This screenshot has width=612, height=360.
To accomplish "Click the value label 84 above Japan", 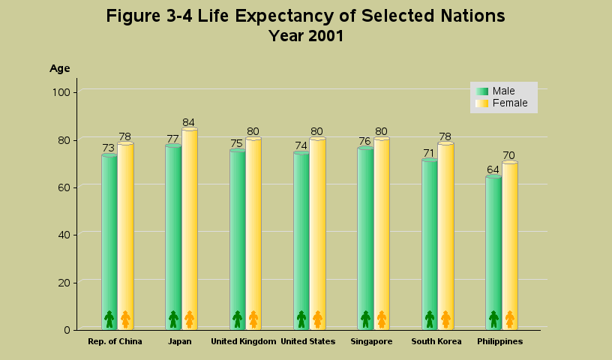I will click(x=188, y=122).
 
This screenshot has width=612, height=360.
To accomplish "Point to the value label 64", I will click(x=493, y=169).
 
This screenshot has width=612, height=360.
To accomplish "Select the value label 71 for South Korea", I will click(x=429, y=153).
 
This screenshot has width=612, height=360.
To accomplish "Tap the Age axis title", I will click(x=60, y=68).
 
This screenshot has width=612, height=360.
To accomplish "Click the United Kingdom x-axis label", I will click(x=244, y=342).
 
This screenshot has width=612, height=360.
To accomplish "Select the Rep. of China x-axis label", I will click(x=115, y=342).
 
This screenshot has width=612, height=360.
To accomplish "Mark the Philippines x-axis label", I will click(x=499, y=342).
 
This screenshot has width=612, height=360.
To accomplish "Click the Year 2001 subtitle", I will click(x=306, y=36).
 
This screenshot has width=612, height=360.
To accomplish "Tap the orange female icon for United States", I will click(x=317, y=319).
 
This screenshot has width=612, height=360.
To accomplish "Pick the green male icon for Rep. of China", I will click(x=109, y=319).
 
